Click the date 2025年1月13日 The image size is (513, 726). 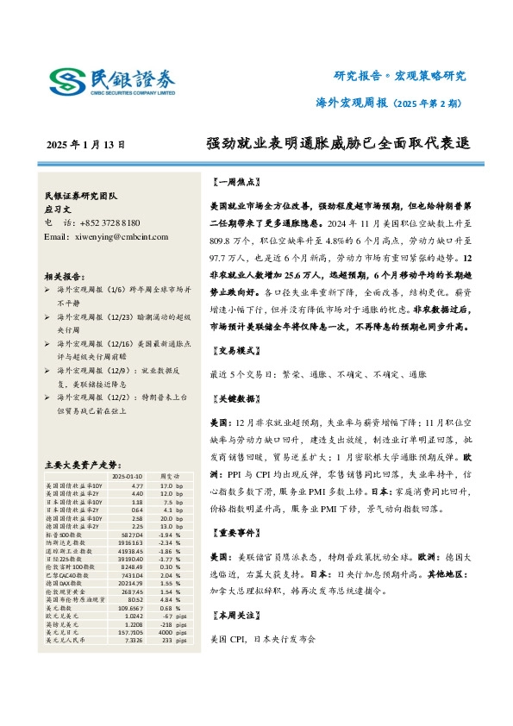coord(85,145)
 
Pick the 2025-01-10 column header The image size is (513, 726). coord(128,475)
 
